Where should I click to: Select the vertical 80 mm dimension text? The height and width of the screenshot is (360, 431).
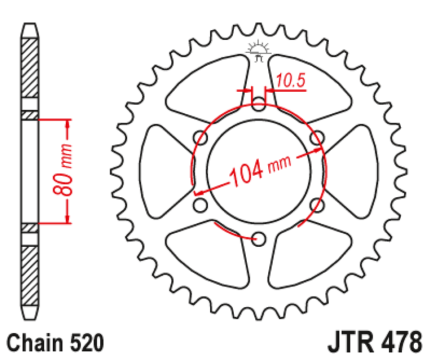pyautogui.click(x=63, y=171)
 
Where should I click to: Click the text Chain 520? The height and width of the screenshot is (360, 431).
pyautogui.click(x=56, y=343)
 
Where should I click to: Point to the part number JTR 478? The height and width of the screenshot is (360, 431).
pyautogui.click(x=375, y=343)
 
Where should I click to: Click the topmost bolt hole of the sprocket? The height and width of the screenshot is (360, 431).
pyautogui.click(x=259, y=102)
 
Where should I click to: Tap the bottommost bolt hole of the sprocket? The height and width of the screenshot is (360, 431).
pyautogui.click(x=259, y=238)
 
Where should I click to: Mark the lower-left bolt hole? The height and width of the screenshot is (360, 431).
pyautogui.click(x=200, y=205)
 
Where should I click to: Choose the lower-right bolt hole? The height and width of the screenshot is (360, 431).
pyautogui.click(x=317, y=205)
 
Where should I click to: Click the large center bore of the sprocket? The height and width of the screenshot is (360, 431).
pyautogui.click(x=259, y=170)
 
